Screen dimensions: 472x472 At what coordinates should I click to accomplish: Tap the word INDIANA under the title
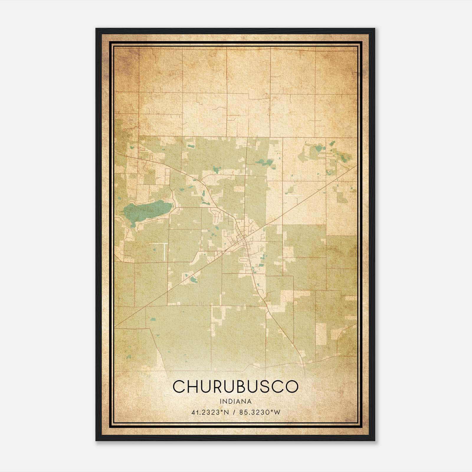point(235,401)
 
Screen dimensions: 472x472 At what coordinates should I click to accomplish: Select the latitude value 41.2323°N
point(210,412)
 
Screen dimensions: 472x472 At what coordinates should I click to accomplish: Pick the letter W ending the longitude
point(277,412)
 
